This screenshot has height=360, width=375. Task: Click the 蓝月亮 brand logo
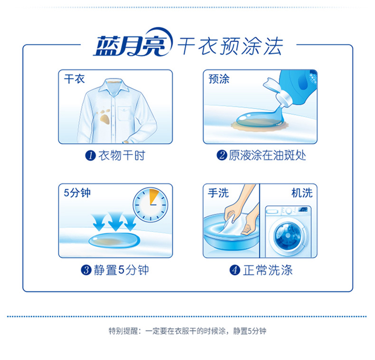132,42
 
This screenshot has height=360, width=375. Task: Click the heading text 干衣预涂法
231,46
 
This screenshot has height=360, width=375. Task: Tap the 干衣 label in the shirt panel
75,79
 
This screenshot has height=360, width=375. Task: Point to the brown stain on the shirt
104,117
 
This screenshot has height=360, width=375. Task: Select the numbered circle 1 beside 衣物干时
90,156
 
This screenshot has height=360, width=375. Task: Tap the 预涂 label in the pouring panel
219,79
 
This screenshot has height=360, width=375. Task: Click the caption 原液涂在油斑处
267,155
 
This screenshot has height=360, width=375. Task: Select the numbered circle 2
222,155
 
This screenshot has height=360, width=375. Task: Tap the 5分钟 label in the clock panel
77,193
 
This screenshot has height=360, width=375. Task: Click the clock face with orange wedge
150,205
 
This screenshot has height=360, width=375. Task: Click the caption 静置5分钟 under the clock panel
121,270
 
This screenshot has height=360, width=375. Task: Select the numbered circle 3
86,270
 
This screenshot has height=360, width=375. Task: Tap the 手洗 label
218,193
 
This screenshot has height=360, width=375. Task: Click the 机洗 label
302,193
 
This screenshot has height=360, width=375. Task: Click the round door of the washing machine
288,236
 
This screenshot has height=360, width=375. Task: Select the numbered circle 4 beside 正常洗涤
234,270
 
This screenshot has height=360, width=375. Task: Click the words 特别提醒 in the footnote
123,331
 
